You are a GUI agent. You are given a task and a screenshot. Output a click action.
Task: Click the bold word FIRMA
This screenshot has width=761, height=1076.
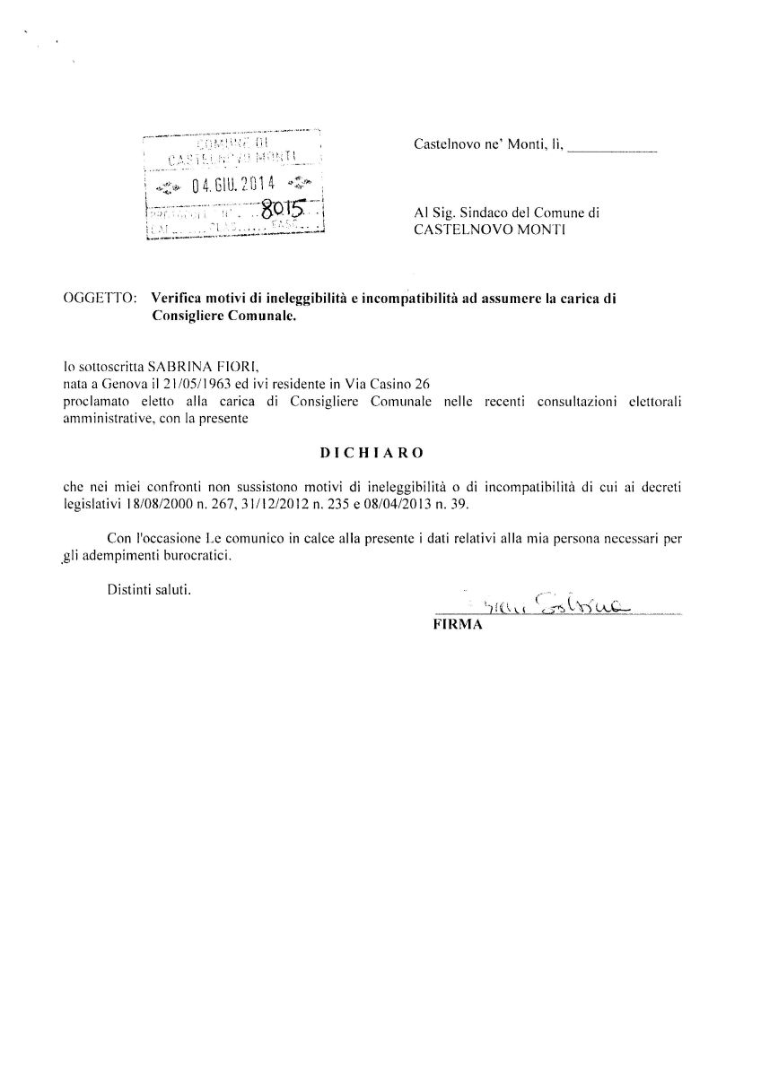(458, 626)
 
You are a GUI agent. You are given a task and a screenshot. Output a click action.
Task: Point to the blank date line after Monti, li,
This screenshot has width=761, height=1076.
(613, 146)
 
